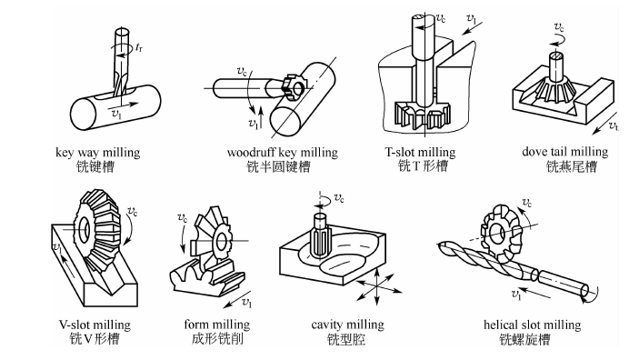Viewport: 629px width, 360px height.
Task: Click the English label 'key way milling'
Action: click(98, 153)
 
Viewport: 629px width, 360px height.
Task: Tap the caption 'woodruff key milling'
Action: click(283, 153)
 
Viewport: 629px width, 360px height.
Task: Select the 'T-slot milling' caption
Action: click(421, 152)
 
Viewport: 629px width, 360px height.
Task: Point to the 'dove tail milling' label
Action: click(564, 152)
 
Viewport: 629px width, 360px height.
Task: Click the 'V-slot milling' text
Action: click(95, 325)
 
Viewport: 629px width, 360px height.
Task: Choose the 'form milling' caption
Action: click(217, 325)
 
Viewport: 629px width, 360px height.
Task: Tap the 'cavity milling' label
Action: click(347, 325)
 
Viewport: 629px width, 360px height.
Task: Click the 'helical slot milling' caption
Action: click(533, 325)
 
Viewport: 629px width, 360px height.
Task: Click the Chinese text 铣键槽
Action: click(95, 166)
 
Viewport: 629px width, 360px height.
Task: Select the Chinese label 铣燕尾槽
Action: click(571, 166)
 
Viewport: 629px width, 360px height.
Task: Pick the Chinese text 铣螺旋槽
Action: click(524, 339)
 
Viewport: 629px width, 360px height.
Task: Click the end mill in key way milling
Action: click(120, 62)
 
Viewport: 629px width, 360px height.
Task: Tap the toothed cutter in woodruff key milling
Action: click(292, 85)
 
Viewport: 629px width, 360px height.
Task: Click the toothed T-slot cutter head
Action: click(423, 115)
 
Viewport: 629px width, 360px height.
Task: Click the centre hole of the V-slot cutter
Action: click(85, 229)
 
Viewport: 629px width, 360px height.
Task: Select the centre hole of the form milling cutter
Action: click(222, 241)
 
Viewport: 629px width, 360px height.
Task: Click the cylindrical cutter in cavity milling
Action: click(319, 235)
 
